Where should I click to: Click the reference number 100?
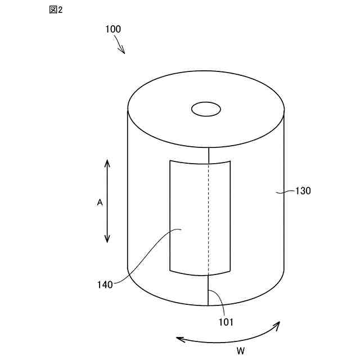tap(112, 29)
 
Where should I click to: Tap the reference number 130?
tap(303, 191)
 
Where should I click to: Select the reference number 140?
tap(105, 284)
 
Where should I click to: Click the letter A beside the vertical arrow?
tap(100, 202)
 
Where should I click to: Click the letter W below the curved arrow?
tap(240, 351)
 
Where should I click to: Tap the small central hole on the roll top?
tap(206, 109)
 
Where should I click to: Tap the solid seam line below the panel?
tap(209, 290)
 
